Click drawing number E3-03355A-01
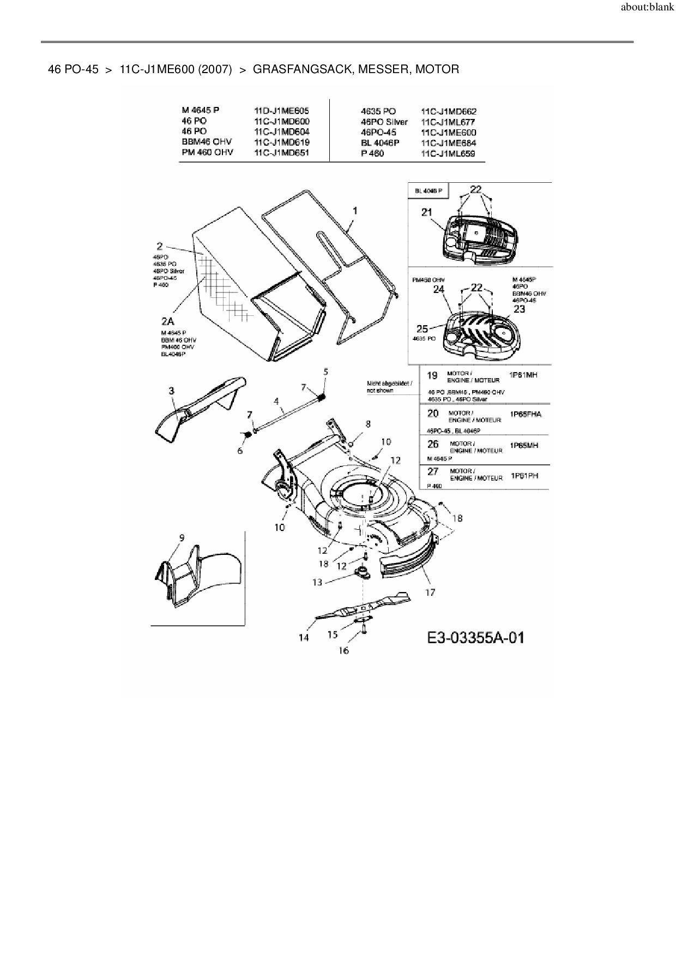(x=476, y=637)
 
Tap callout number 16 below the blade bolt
(x=343, y=650)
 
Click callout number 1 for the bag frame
(x=355, y=211)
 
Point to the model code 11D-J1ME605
(x=281, y=111)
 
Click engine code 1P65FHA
(x=526, y=414)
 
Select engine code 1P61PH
(x=524, y=476)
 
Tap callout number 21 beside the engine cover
(x=426, y=212)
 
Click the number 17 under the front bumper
(x=430, y=592)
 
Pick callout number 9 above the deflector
(x=182, y=537)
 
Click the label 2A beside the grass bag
(x=168, y=322)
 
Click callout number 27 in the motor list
(x=433, y=471)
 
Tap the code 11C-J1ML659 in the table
(x=448, y=153)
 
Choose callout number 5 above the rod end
(x=325, y=372)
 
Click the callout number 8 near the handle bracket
(x=368, y=423)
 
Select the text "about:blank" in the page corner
(x=647, y=8)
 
